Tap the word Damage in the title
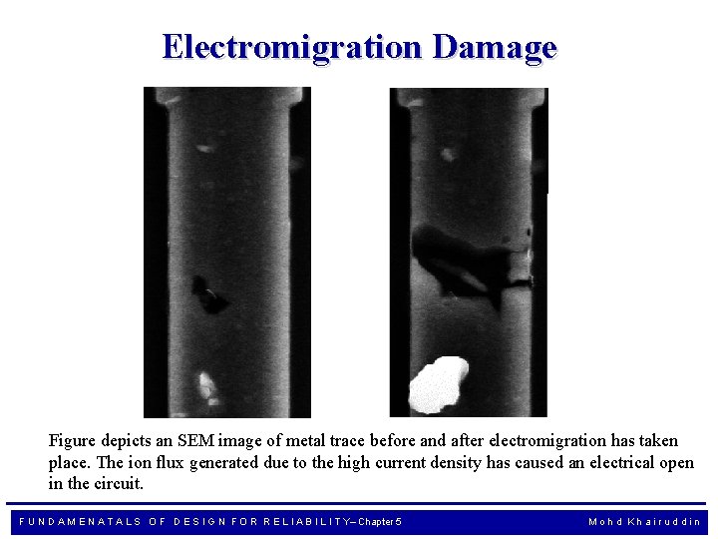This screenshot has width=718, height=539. [495, 47]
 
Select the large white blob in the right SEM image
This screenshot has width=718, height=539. [439, 383]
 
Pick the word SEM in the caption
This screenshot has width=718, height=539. [243, 440]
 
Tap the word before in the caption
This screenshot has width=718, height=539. [395, 440]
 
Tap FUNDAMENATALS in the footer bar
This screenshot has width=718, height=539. [80, 522]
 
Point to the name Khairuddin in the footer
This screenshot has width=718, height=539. [666, 522]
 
